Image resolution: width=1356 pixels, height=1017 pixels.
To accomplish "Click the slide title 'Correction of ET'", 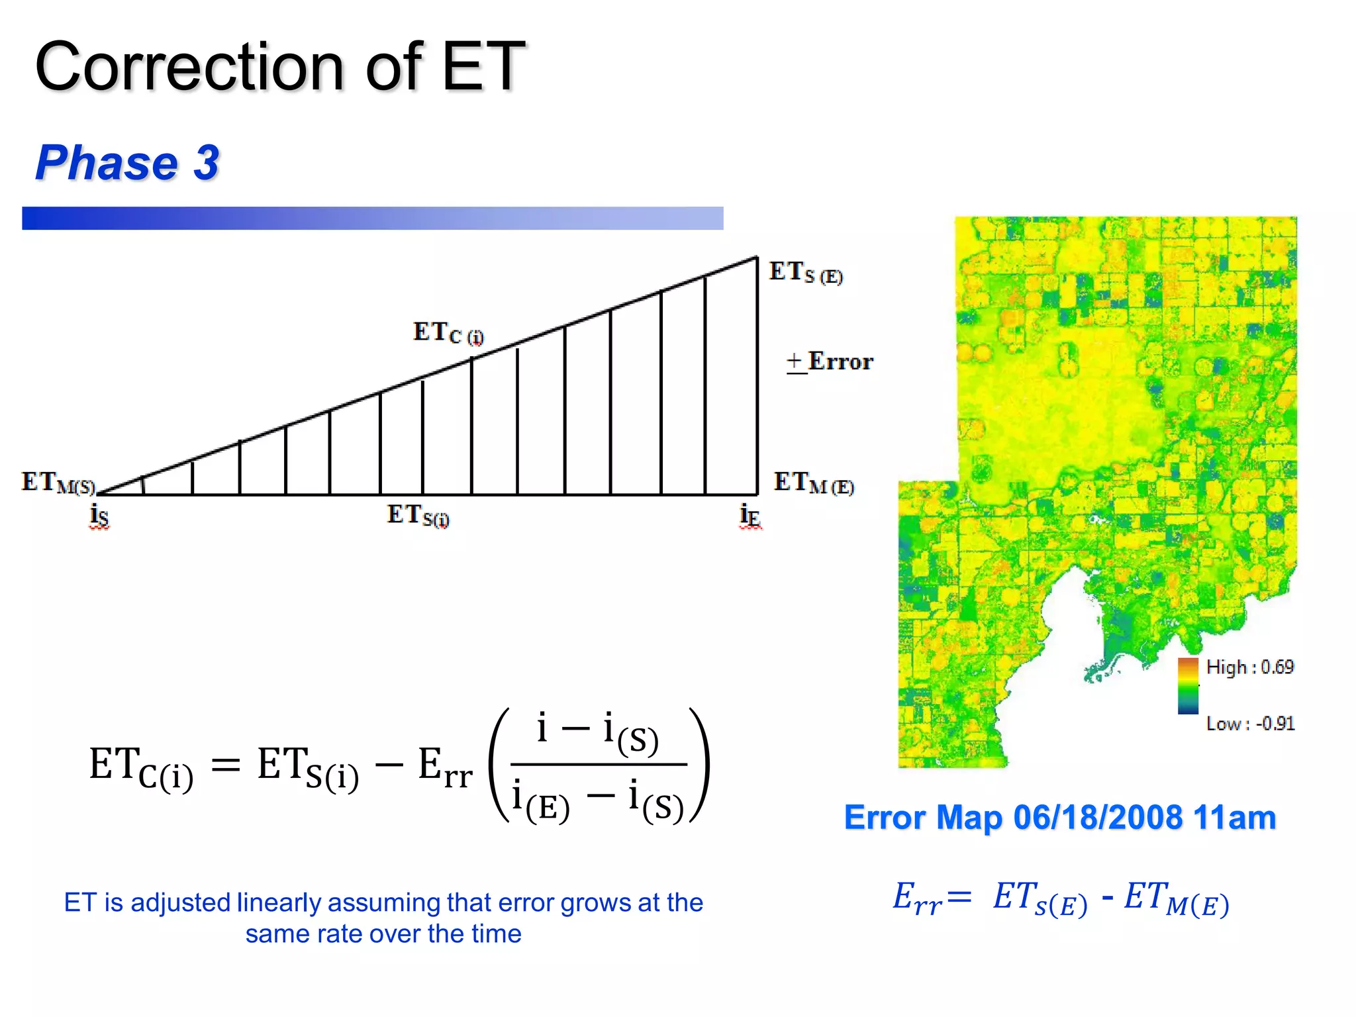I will click(279, 66).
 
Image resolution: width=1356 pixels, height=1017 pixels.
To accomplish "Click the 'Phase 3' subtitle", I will click(127, 163).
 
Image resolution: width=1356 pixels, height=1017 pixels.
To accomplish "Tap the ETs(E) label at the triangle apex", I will click(805, 272).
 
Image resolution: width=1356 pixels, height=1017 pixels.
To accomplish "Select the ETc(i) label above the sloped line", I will click(448, 333).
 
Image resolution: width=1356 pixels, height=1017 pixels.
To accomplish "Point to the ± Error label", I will click(830, 362).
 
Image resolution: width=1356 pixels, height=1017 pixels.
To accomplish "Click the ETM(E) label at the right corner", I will click(814, 483).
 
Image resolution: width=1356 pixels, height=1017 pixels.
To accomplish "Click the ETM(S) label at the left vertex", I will click(58, 483).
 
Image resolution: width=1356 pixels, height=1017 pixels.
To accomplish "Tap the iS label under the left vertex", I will click(99, 515).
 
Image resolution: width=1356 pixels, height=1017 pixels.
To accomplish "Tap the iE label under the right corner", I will click(750, 515).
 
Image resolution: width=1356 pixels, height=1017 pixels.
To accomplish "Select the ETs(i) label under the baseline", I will click(418, 515).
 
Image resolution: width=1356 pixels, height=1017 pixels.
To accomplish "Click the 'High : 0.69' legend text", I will click(1249, 667).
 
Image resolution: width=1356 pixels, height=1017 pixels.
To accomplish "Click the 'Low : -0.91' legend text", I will click(1249, 723).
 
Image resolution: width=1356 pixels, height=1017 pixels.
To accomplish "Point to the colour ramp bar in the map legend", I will click(1188, 686).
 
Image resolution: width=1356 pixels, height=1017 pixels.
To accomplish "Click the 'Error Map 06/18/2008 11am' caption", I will click(1059, 818).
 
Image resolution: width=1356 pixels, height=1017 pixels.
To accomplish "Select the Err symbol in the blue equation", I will click(917, 899).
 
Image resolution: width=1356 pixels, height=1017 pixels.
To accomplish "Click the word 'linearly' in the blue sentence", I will click(279, 902).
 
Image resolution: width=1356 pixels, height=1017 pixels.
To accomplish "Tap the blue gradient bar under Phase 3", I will click(372, 218).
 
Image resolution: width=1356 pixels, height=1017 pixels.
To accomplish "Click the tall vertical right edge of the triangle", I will click(757, 377).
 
